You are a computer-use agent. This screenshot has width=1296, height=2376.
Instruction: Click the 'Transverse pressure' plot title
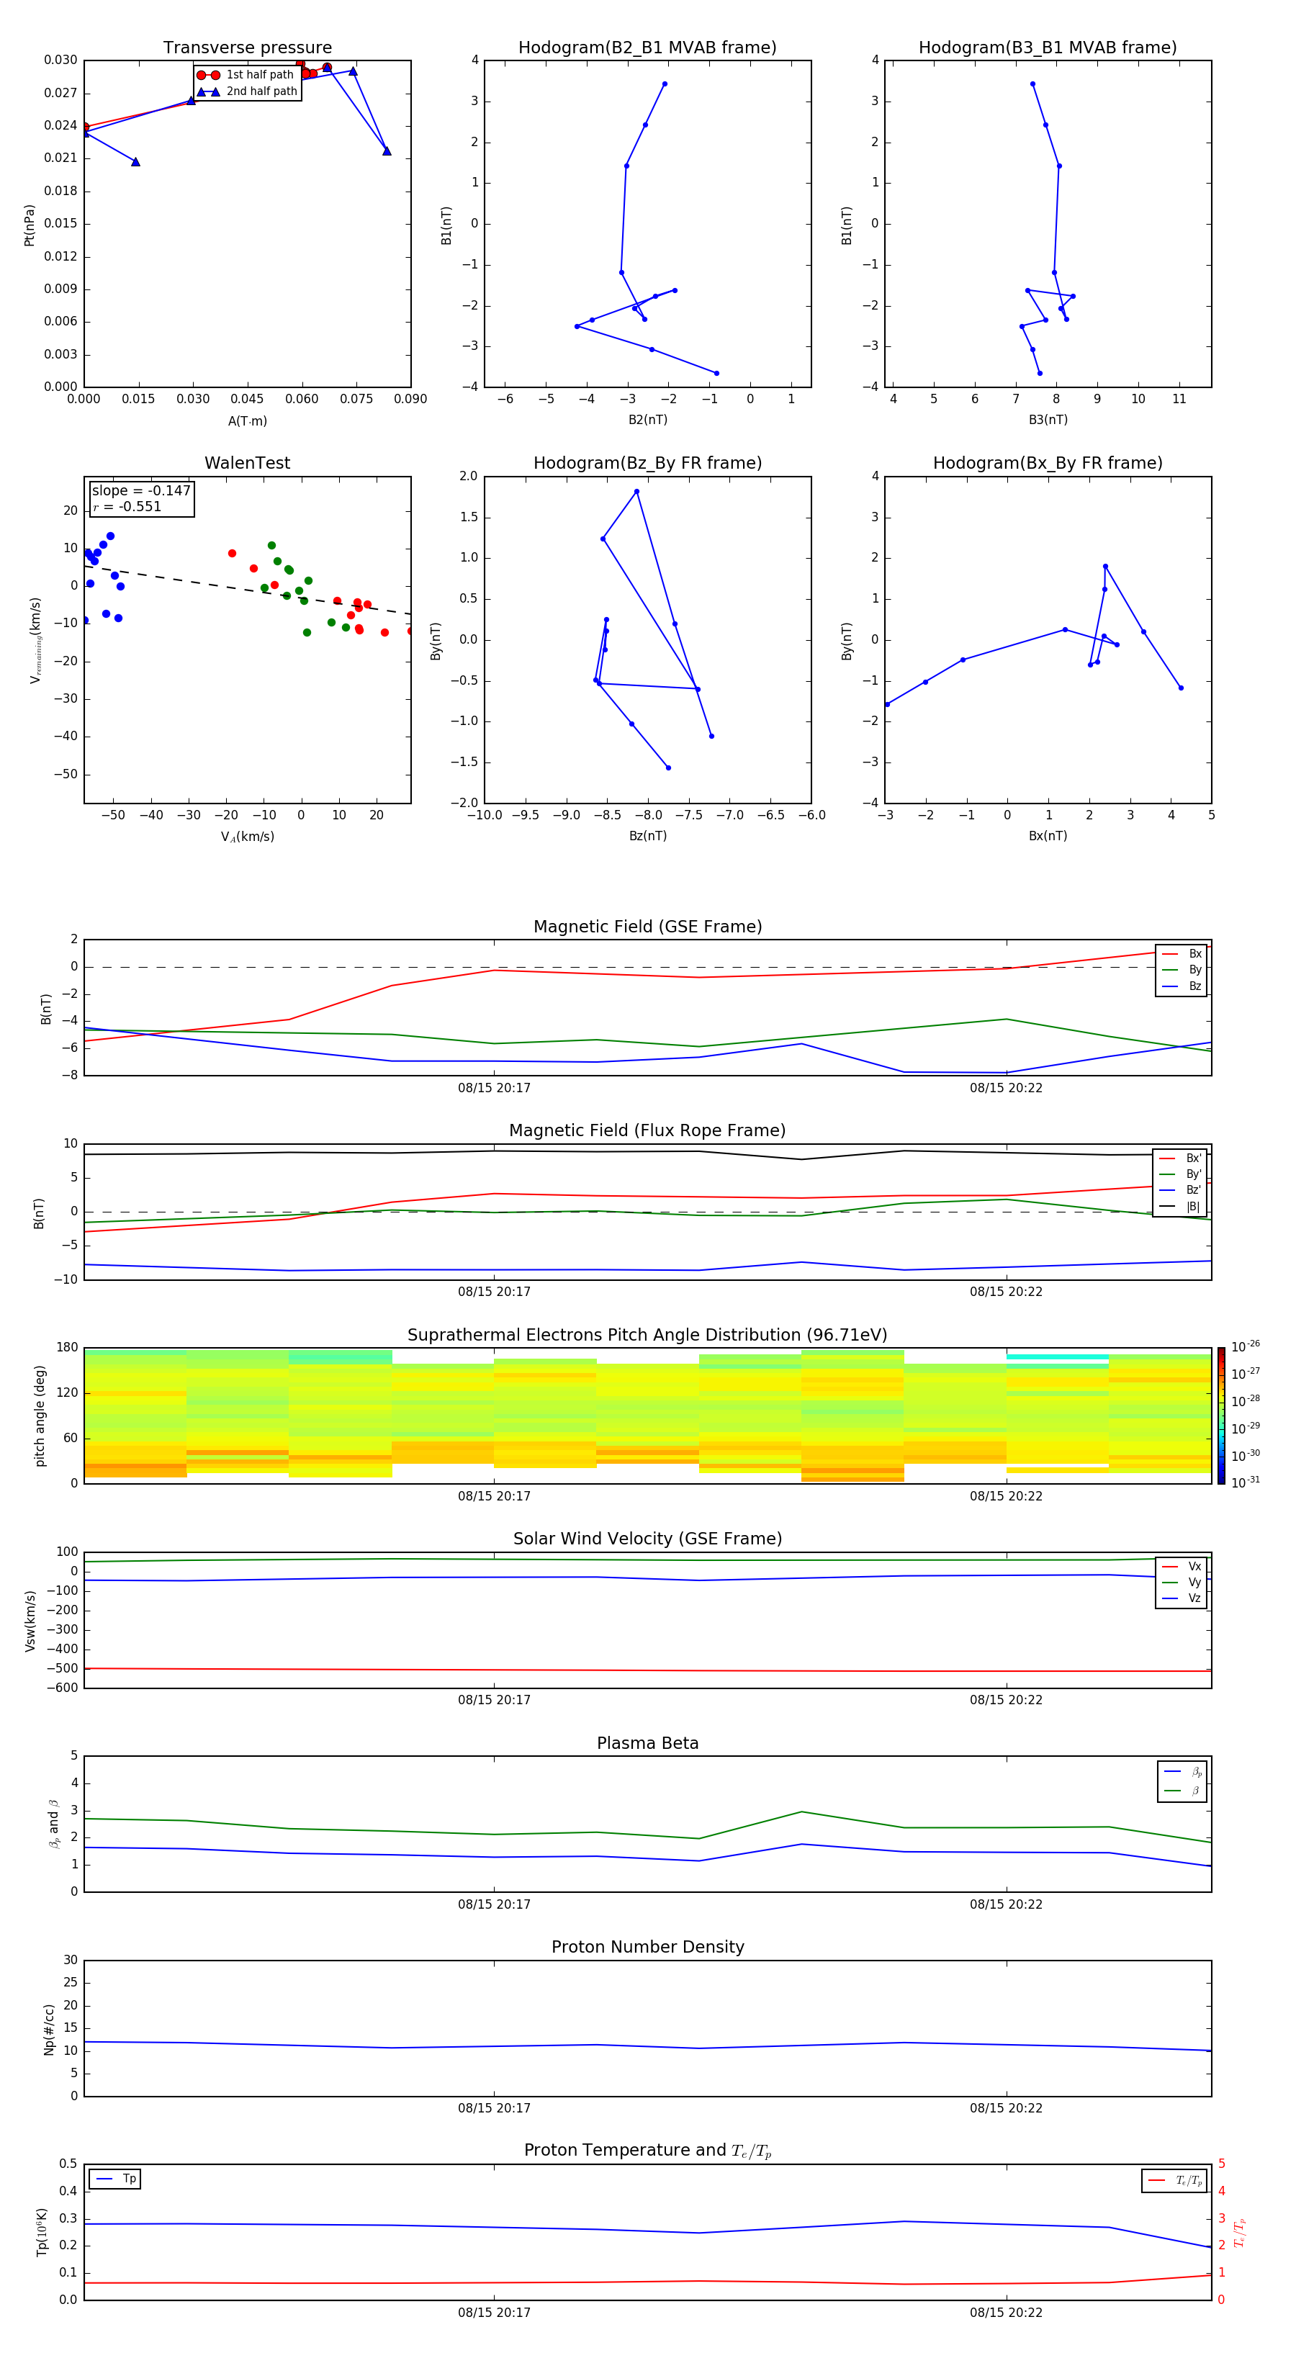247,48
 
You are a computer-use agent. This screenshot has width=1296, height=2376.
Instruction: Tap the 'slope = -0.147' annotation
141,491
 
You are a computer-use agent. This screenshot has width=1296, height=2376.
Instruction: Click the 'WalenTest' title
247,463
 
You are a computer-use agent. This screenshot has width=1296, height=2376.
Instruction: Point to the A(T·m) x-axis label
247,421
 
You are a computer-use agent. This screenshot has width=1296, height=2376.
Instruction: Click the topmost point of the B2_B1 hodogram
664,84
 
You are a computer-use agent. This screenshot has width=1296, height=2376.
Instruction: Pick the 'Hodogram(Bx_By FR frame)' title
1047,463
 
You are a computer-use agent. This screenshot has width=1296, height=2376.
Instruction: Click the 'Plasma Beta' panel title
647,1743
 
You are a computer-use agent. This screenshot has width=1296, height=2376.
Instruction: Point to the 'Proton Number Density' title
647,1947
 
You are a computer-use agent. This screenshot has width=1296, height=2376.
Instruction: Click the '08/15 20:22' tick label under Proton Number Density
1005,2108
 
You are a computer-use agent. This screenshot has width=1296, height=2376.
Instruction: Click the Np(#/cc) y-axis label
49,2028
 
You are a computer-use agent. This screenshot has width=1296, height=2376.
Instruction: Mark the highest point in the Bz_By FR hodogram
636,492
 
